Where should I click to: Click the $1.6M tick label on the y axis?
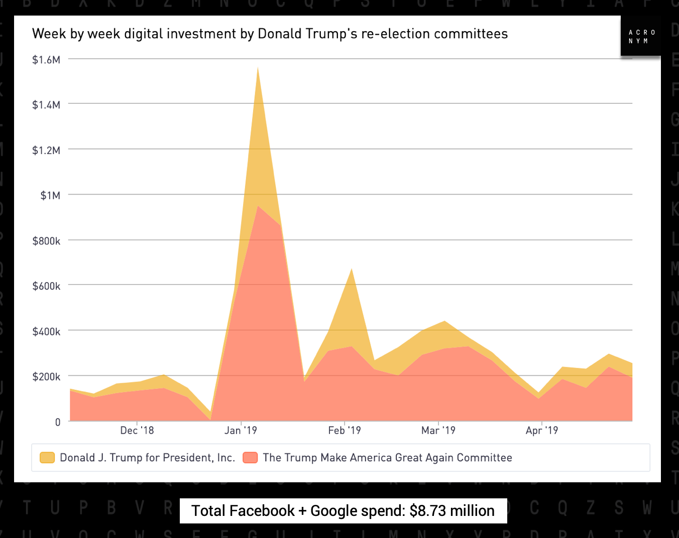[x=46, y=60]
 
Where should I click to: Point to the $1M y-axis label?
[x=50, y=195]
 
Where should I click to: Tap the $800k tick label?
[x=46, y=241]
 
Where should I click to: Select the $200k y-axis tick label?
[x=46, y=376]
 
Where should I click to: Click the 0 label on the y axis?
[x=58, y=422]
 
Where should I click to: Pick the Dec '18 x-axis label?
[x=137, y=430]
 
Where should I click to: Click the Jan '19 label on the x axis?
[x=241, y=430]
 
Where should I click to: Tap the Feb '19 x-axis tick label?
[x=345, y=430]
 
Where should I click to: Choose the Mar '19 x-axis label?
[x=438, y=430]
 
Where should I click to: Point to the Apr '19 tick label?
[x=542, y=430]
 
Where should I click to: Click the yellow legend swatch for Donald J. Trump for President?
[x=47, y=458]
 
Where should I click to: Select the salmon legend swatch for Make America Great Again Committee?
[x=250, y=458]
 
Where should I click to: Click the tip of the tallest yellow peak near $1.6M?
[x=258, y=67]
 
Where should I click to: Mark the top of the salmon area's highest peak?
[x=258, y=206]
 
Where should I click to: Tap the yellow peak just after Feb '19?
[x=352, y=269]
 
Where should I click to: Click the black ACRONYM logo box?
[x=641, y=36]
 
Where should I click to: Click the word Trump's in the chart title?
[x=333, y=34]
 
